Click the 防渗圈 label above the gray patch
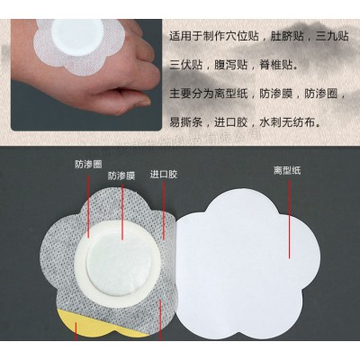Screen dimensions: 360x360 pyautogui.click(x=88, y=165)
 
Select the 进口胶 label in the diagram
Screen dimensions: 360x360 pyautogui.click(x=163, y=174)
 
